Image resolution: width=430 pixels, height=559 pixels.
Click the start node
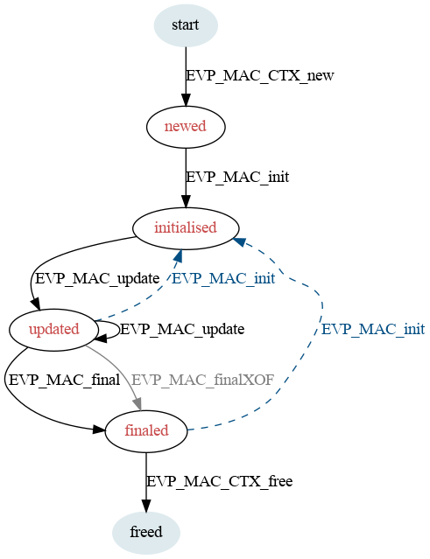(x=186, y=25)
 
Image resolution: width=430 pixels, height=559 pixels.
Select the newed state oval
(x=186, y=127)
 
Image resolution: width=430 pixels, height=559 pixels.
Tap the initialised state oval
(x=186, y=228)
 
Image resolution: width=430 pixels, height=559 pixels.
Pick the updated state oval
(x=54, y=330)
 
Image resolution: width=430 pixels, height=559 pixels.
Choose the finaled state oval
(x=146, y=431)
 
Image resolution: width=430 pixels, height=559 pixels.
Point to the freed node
(x=146, y=533)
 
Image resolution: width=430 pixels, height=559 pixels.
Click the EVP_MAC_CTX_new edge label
(x=260, y=75)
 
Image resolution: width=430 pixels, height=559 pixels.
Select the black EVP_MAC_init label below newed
(x=237, y=178)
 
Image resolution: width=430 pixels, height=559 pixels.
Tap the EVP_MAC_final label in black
(x=64, y=380)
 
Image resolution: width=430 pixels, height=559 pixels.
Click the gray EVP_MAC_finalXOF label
(x=202, y=380)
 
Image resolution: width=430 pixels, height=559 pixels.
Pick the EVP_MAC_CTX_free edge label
(x=220, y=482)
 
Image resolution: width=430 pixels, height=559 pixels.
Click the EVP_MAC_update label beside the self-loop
(x=182, y=330)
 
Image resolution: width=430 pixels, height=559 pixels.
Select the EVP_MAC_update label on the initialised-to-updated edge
(x=97, y=279)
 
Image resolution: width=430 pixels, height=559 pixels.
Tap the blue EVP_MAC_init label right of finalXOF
(x=373, y=330)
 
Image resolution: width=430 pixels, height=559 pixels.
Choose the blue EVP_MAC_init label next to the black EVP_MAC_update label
(x=223, y=279)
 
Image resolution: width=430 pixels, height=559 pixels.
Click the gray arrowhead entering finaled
(x=137, y=405)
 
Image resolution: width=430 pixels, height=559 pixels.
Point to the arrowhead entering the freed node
(x=146, y=506)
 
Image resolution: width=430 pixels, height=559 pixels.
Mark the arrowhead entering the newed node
(x=186, y=100)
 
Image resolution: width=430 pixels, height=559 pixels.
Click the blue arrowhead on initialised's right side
(x=239, y=242)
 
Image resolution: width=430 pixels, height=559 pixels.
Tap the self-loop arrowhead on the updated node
(x=101, y=338)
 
